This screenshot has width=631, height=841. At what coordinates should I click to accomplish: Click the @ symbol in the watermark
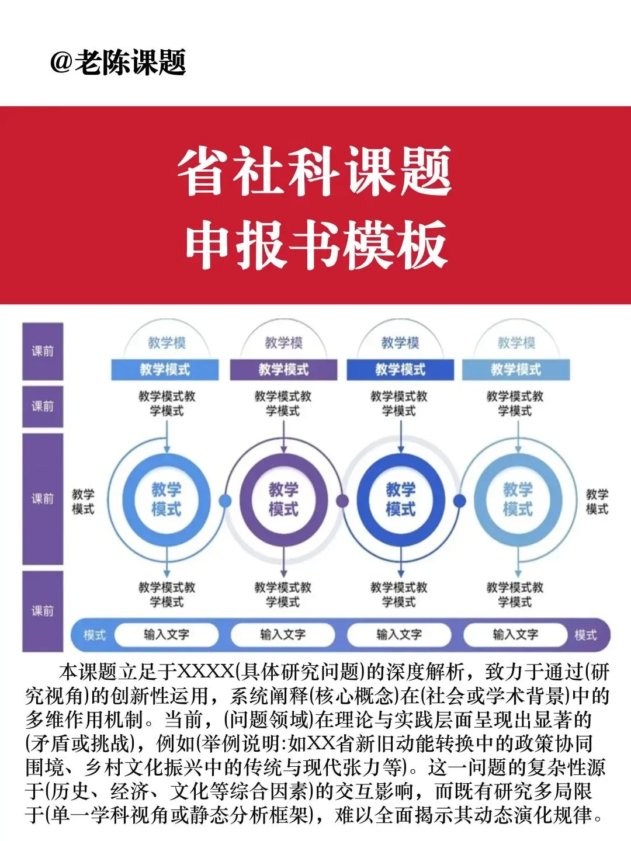pyautogui.click(x=61, y=62)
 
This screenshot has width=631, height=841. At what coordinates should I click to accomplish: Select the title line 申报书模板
pyautogui.click(x=316, y=245)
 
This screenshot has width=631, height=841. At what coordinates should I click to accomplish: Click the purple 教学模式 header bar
pyautogui.click(x=283, y=370)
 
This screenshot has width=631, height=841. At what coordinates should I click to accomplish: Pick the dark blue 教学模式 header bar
pyautogui.click(x=400, y=370)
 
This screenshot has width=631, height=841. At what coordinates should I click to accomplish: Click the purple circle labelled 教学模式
pyautogui.click(x=283, y=499)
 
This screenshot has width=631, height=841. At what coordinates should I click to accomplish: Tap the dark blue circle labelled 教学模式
pyautogui.click(x=400, y=499)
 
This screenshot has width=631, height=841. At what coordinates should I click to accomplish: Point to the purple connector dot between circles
pyautogui.click(x=342, y=501)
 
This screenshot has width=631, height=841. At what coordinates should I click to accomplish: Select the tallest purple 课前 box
pyautogui.click(x=43, y=499)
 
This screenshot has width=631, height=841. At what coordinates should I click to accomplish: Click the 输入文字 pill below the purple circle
pyautogui.click(x=283, y=634)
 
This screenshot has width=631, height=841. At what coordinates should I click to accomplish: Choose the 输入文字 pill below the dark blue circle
pyautogui.click(x=399, y=634)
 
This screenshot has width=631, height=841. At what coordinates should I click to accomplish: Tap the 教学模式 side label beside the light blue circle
pyautogui.click(x=597, y=502)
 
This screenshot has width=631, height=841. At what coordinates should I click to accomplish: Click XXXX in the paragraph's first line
pyautogui.click(x=206, y=672)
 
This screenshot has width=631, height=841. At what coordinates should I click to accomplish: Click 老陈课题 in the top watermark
pyautogui.click(x=130, y=62)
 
